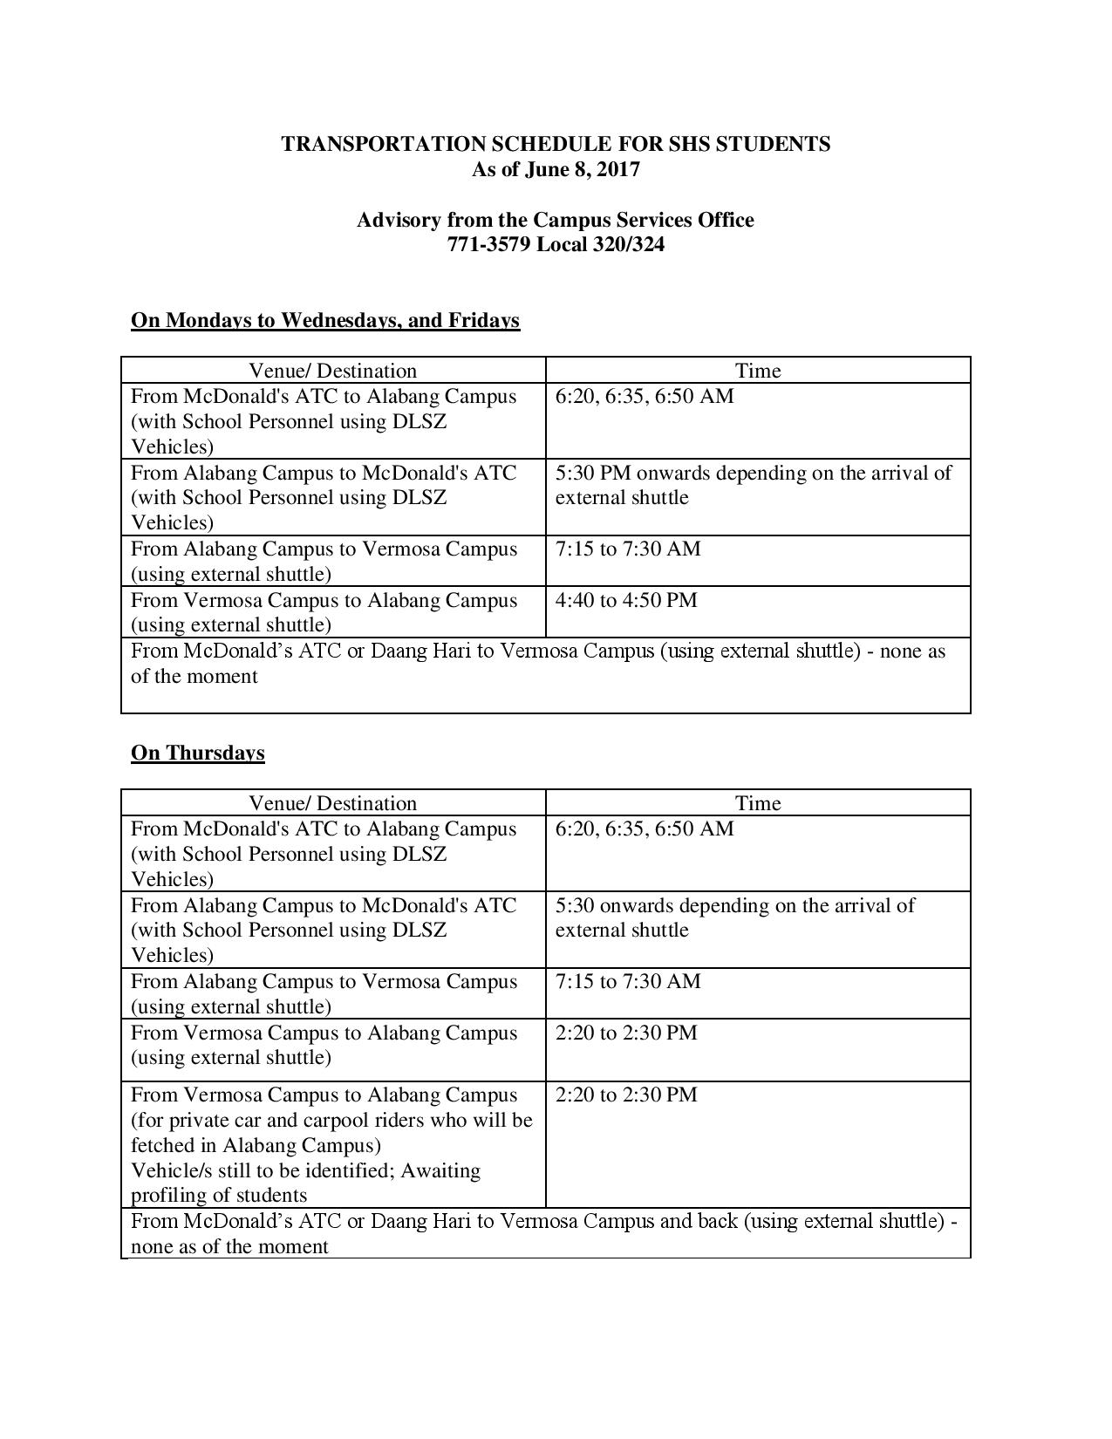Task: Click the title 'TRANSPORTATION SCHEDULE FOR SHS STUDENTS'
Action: click(x=556, y=144)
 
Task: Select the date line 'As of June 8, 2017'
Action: click(x=556, y=169)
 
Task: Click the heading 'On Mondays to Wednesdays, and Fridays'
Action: click(x=325, y=320)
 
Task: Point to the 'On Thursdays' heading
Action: click(x=197, y=753)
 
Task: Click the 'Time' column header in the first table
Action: click(x=757, y=371)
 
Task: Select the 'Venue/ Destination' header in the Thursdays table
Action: click(x=332, y=803)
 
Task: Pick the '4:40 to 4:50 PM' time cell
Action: click(x=626, y=600)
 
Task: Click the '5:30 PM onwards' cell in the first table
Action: click(x=753, y=485)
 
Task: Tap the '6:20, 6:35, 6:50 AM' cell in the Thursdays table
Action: click(x=645, y=829)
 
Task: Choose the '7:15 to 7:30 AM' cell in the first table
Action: click(x=628, y=549)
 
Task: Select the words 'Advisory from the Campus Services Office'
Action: click(x=555, y=220)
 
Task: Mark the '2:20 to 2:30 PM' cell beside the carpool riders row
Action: click(x=626, y=1095)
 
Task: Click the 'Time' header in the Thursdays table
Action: click(x=757, y=803)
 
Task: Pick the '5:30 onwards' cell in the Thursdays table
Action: click(x=734, y=917)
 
